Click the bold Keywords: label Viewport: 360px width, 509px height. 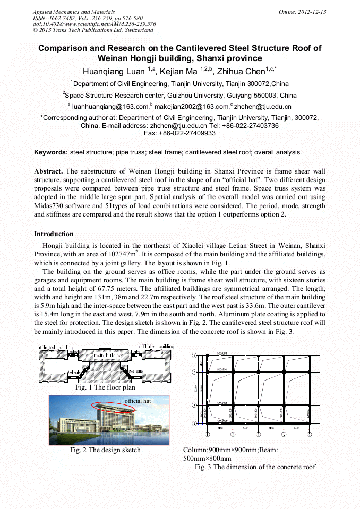tap(51, 152)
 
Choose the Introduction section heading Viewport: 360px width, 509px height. tap(54, 234)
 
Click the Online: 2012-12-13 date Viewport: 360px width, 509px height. tap(302, 12)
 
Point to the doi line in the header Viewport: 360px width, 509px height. tap(94, 24)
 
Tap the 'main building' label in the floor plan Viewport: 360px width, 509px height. tap(105, 355)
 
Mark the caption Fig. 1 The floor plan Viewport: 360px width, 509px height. tap(105, 388)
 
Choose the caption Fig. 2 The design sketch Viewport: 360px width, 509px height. tap(105, 450)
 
